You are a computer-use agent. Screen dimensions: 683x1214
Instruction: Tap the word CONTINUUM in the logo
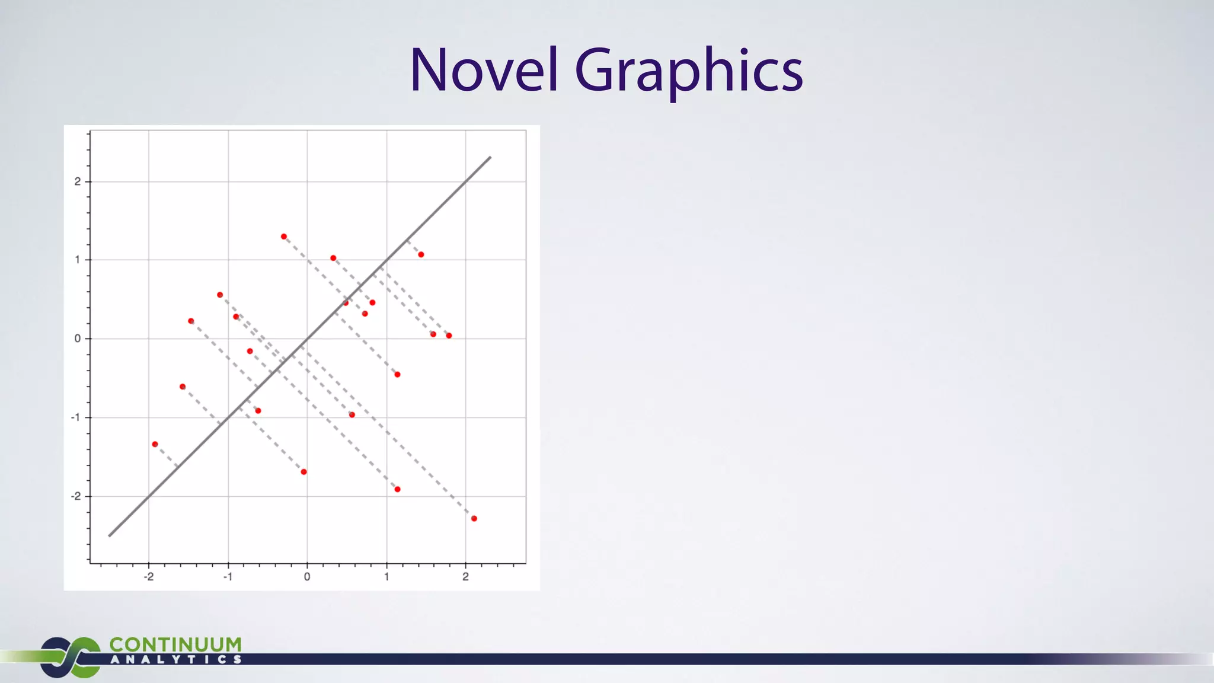pyautogui.click(x=175, y=644)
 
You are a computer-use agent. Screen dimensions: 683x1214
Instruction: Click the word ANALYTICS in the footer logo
pyautogui.click(x=175, y=659)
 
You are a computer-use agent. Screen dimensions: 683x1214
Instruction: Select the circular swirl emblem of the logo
pyautogui.click(x=70, y=657)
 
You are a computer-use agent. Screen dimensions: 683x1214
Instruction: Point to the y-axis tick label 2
pyautogui.click(x=78, y=181)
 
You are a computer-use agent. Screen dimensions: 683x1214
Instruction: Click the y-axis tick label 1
pyautogui.click(x=78, y=260)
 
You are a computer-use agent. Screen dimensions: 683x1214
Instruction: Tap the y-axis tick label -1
pyautogui.click(x=76, y=417)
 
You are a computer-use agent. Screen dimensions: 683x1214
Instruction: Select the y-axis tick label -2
pyautogui.click(x=76, y=496)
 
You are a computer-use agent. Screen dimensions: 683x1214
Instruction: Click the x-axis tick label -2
pyautogui.click(x=148, y=577)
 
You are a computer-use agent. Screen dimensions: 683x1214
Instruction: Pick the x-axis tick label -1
pyautogui.click(x=228, y=577)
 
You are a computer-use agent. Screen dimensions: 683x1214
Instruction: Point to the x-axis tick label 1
pyautogui.click(x=386, y=577)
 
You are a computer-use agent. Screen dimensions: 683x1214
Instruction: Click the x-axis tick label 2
pyautogui.click(x=465, y=577)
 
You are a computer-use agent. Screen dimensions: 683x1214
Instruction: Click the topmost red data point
pyautogui.click(x=284, y=237)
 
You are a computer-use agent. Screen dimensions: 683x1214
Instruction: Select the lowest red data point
pyautogui.click(x=474, y=519)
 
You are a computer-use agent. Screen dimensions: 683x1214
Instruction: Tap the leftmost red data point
pyautogui.click(x=155, y=444)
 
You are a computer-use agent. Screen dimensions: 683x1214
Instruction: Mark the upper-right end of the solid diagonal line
pyautogui.click(x=491, y=157)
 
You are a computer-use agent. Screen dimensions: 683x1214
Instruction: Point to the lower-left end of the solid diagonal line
pyautogui.click(x=109, y=536)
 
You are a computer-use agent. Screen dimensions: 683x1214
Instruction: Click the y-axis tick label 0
pyautogui.click(x=78, y=339)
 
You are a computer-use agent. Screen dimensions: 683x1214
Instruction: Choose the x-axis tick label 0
pyautogui.click(x=307, y=577)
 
